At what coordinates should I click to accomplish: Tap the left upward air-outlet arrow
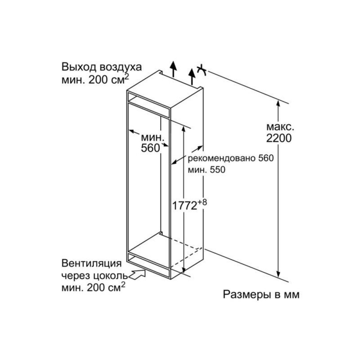coord(174,69)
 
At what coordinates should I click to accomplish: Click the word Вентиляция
coord(91,263)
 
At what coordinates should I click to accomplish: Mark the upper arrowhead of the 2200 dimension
coord(278,104)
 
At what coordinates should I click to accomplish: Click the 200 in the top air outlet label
coord(95,80)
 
